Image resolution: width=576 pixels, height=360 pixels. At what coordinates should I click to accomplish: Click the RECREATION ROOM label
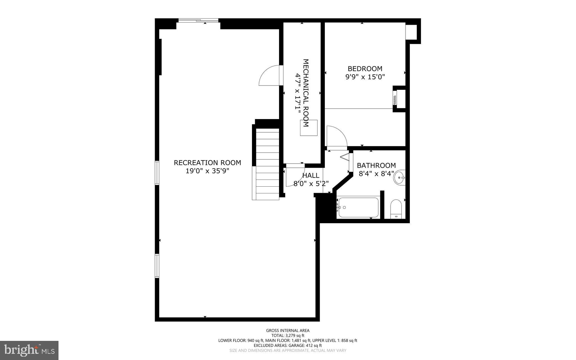(x=207, y=163)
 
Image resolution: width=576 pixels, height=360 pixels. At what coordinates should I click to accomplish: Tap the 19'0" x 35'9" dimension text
(x=207, y=171)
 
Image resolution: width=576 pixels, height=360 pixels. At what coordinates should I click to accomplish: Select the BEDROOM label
(x=365, y=69)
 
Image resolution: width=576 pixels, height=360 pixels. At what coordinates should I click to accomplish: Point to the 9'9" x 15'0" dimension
(x=365, y=77)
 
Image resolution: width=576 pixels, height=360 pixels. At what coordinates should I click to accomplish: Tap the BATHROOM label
(x=376, y=166)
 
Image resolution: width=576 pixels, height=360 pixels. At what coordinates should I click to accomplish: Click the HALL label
(x=311, y=176)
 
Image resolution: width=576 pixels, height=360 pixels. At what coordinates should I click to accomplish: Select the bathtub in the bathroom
(x=358, y=207)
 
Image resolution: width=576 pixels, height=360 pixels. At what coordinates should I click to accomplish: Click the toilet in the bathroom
(x=396, y=209)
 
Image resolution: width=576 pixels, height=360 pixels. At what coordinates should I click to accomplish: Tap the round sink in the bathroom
(x=399, y=177)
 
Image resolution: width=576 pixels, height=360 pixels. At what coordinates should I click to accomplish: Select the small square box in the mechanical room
(x=309, y=128)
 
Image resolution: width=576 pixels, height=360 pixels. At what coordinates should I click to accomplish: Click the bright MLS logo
(x=29, y=350)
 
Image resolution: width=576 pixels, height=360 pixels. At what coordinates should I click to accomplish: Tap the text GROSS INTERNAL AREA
(x=288, y=330)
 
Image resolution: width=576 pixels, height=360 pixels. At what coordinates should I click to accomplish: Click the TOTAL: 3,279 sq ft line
(x=288, y=336)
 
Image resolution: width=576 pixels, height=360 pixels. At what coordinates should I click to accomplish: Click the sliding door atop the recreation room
(x=199, y=20)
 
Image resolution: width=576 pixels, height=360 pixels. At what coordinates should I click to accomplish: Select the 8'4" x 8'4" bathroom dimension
(x=376, y=174)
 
